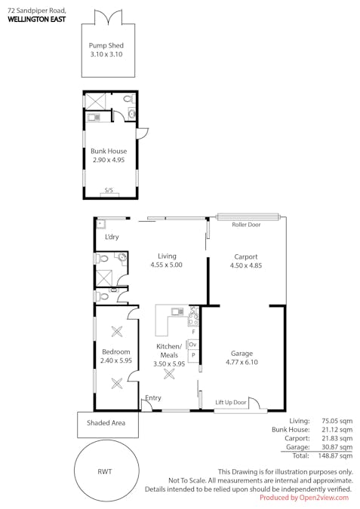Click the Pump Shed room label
[106, 45]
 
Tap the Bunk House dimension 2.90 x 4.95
[109, 160]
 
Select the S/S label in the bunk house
[109, 191]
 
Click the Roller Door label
[246, 225]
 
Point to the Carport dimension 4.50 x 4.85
[245, 265]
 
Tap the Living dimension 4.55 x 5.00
[166, 265]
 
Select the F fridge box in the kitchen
[194, 332]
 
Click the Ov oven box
[193, 345]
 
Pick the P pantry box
[193, 355]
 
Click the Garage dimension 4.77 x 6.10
[242, 362]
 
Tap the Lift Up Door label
[231, 403]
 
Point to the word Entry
[153, 398]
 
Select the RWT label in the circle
[106, 471]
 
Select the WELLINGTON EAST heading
[36, 20]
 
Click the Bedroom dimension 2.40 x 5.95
[116, 361]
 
